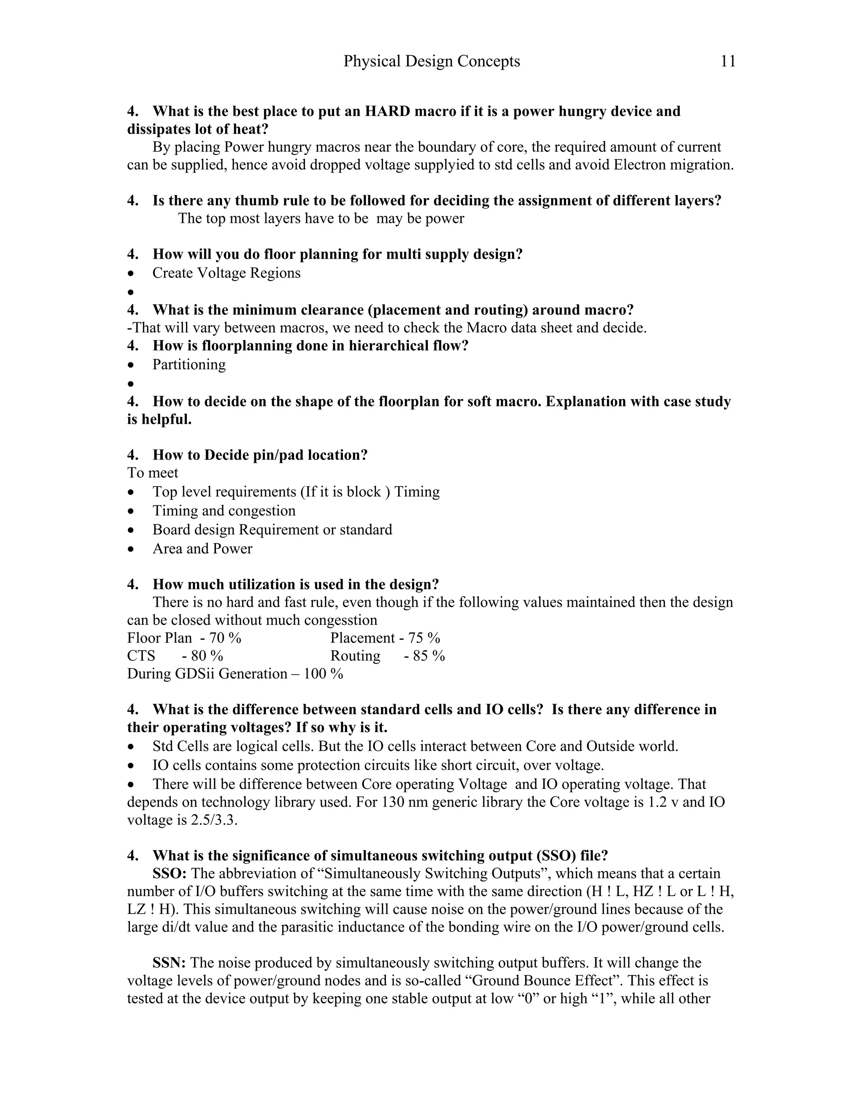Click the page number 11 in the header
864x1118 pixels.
click(728, 62)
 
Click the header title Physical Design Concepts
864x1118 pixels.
click(432, 62)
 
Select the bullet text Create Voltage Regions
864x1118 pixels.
click(226, 273)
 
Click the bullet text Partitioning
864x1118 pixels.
click(189, 365)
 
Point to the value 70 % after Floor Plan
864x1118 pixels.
click(225, 638)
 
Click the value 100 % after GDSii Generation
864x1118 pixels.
click(323, 674)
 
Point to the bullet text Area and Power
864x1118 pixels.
click(202, 549)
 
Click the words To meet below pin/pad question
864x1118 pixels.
click(153, 473)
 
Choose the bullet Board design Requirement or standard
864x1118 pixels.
click(272, 530)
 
